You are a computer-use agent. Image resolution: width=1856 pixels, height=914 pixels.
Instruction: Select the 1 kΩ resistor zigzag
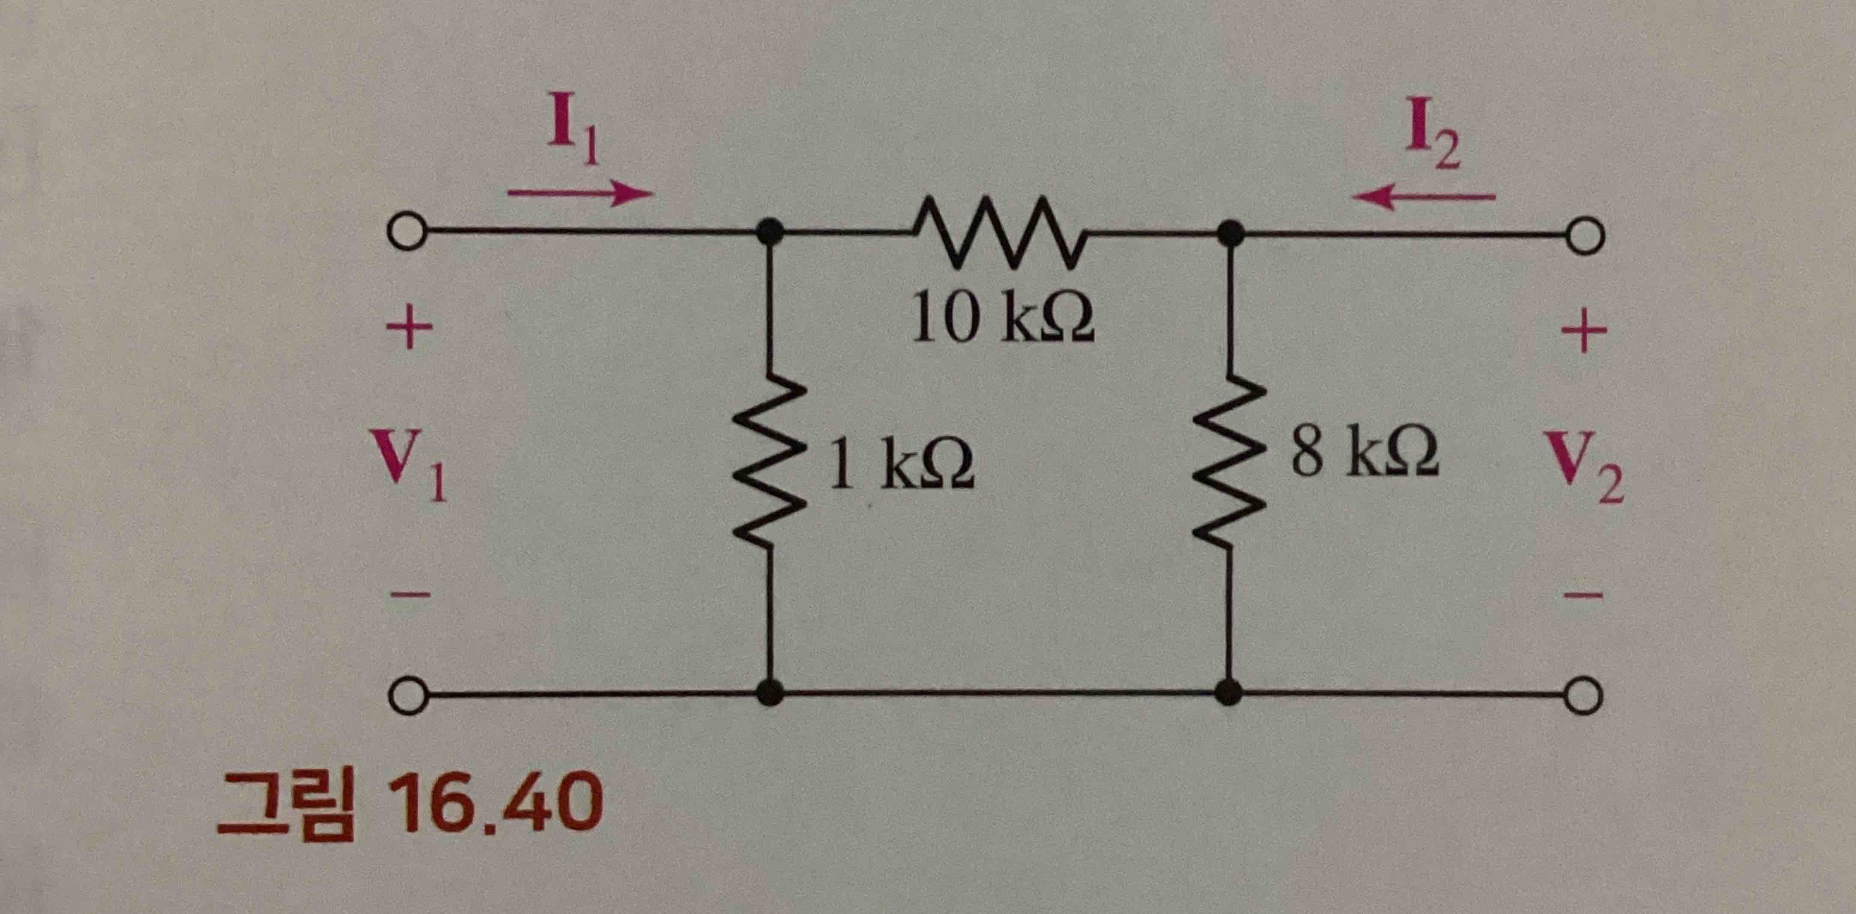769,461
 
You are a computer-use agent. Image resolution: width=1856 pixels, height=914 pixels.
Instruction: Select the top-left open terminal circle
407,233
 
